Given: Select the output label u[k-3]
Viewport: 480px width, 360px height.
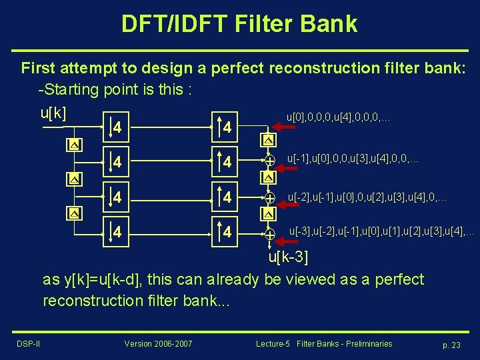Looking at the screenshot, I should (288, 257).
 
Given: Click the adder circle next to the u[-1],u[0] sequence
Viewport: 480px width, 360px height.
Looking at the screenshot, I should (269, 161).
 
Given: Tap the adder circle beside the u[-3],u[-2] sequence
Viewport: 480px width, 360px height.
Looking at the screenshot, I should (269, 234).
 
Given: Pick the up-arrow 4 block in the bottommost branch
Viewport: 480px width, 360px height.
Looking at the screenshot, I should (226, 233).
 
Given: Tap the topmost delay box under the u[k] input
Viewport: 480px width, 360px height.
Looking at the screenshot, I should (73, 145).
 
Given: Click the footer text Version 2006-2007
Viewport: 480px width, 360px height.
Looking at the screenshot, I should (158, 343).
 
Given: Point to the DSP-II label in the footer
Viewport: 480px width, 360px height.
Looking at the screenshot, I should (28, 343).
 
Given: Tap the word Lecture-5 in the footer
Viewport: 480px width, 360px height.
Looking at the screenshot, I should (273, 343).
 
